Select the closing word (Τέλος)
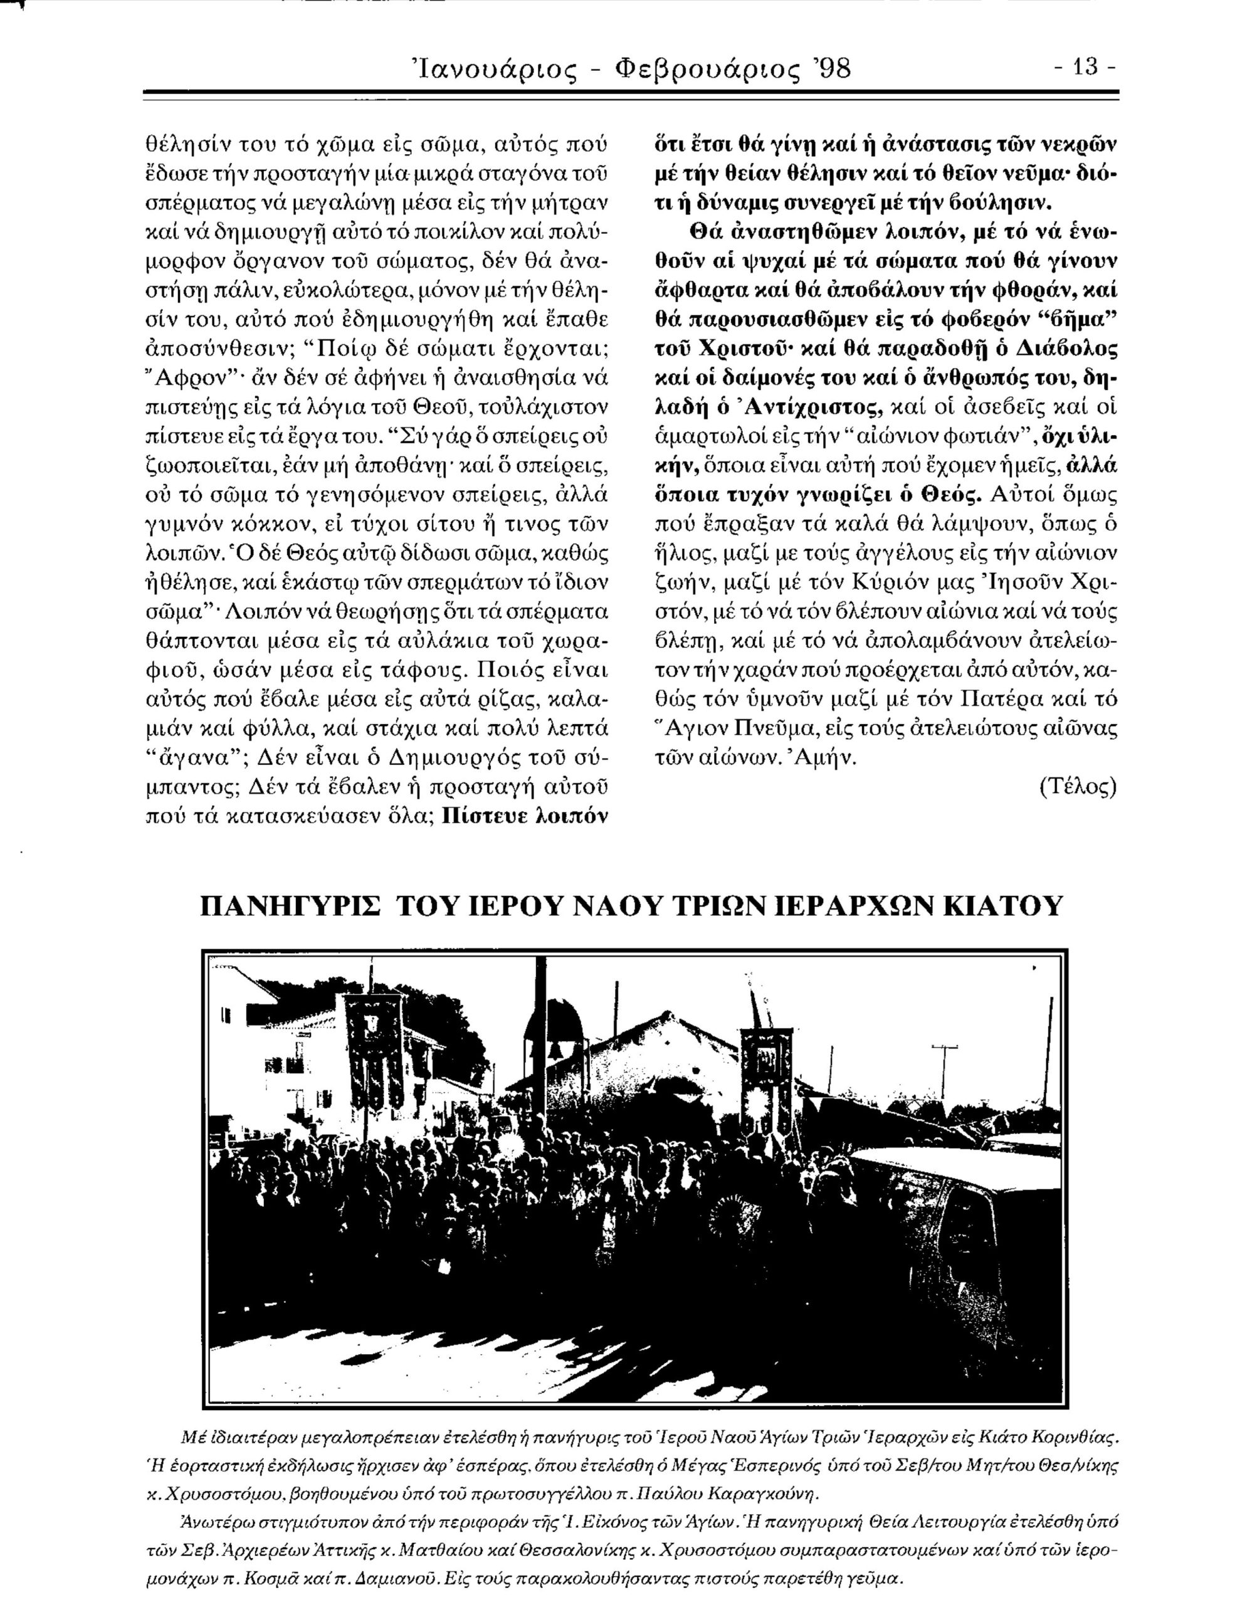click(1077, 787)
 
